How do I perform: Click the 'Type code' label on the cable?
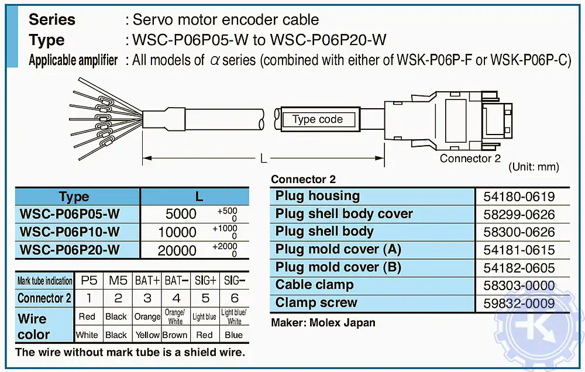318,120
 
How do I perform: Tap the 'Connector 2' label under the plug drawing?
470,159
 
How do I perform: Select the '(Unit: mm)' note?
534,167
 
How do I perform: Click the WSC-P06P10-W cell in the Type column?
70,232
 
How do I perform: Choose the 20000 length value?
177,250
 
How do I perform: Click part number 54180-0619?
519,197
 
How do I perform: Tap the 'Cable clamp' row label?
314,285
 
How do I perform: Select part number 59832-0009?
519,304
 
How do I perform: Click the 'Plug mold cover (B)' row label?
338,267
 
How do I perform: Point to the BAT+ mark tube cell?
147,281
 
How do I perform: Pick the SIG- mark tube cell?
234,281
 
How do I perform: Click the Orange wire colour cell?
147,316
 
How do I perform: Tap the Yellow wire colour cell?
147,335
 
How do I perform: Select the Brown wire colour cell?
175,335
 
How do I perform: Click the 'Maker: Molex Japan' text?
323,322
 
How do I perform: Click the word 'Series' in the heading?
52,19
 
